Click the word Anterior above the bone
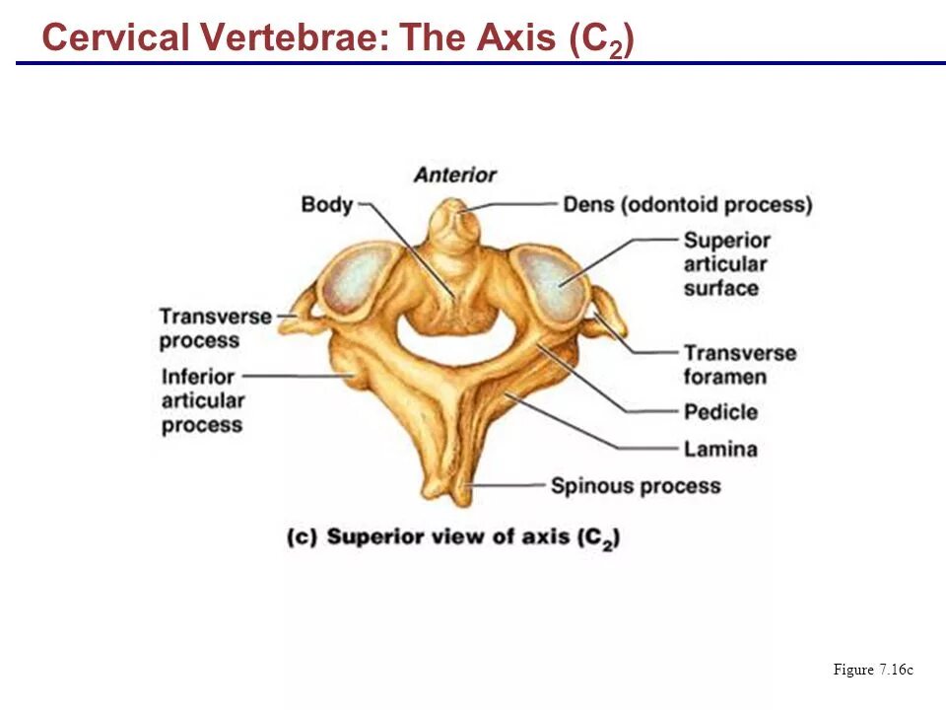(x=454, y=176)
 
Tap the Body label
(x=326, y=205)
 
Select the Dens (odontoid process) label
(x=687, y=205)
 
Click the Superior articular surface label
(x=726, y=264)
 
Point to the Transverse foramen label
(x=739, y=365)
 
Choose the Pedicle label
(x=720, y=412)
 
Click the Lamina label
(x=720, y=450)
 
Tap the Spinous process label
(x=636, y=486)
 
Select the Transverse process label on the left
(x=215, y=328)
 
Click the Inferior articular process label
(x=202, y=400)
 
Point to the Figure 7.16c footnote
(x=873, y=671)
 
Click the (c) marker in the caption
(x=301, y=537)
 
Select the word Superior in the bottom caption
(x=373, y=537)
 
